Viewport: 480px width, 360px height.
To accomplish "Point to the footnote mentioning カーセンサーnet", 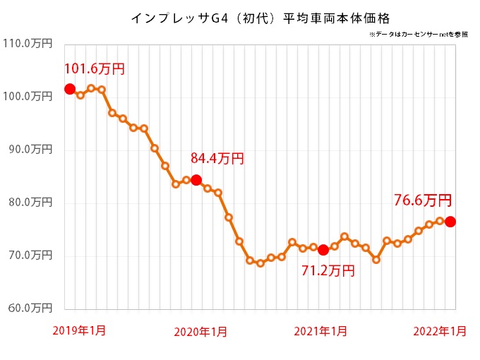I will point(417,34).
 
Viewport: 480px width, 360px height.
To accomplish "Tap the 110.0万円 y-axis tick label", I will point(28,43).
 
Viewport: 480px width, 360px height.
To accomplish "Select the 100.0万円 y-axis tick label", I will point(28,96).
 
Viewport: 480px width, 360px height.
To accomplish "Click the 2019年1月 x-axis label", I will point(79,330).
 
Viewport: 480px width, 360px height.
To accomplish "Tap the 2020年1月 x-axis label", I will point(200,331).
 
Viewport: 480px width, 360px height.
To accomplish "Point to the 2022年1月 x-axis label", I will point(439,331).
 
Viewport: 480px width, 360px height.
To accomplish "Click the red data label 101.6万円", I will point(95,69).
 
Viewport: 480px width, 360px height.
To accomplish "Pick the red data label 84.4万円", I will point(217,159).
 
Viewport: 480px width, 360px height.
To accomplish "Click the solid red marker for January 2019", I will point(69,89).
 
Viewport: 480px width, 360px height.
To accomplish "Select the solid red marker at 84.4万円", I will point(196,179).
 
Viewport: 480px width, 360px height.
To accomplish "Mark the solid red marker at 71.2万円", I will point(323,249).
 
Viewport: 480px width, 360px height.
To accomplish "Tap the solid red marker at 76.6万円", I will point(450,222).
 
